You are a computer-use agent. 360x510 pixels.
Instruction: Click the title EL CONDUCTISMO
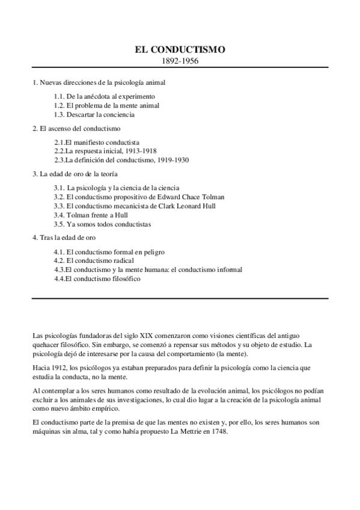(x=180, y=50)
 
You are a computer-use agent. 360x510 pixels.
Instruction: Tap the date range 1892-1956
(x=180, y=61)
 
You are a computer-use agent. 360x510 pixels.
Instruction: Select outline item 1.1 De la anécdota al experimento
(x=104, y=96)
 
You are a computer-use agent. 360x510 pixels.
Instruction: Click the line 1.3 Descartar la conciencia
(x=94, y=114)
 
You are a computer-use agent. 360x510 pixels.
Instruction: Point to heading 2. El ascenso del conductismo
(x=76, y=128)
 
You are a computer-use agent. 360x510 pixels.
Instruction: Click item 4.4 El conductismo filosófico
(x=97, y=279)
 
